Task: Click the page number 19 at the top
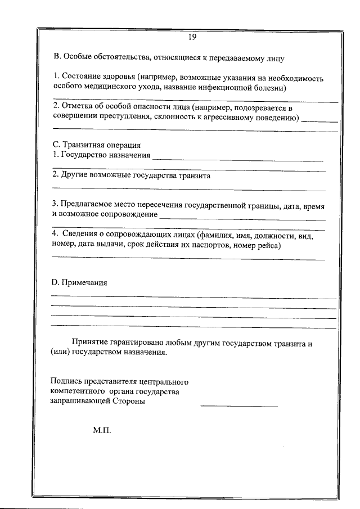coord(192,37)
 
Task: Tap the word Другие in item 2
coord(75,175)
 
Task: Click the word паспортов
coord(208,245)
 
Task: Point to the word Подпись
coord(66,382)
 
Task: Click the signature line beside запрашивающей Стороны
coord(240,405)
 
